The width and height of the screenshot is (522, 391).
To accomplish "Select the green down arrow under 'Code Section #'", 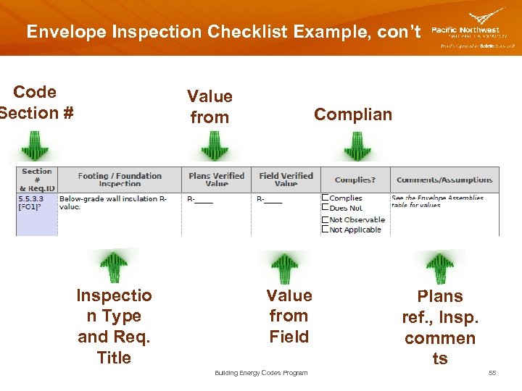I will [35, 147].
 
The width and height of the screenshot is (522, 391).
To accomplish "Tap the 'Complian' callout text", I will [352, 114].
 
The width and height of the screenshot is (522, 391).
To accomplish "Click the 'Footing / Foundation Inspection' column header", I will [120, 180].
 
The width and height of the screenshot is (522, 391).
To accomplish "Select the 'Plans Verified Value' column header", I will [216, 180].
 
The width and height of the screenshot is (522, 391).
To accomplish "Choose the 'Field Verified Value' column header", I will [286, 180].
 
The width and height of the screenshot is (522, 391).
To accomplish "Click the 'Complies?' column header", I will [355, 180].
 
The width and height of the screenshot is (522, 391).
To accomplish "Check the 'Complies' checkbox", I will [326, 198].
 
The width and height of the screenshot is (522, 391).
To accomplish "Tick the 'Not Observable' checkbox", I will [326, 219].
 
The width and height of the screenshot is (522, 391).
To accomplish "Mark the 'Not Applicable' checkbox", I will [326, 230].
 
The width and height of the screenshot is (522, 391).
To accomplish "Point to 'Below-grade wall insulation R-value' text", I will [113, 202].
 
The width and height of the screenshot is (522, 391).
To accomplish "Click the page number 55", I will [492, 373].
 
